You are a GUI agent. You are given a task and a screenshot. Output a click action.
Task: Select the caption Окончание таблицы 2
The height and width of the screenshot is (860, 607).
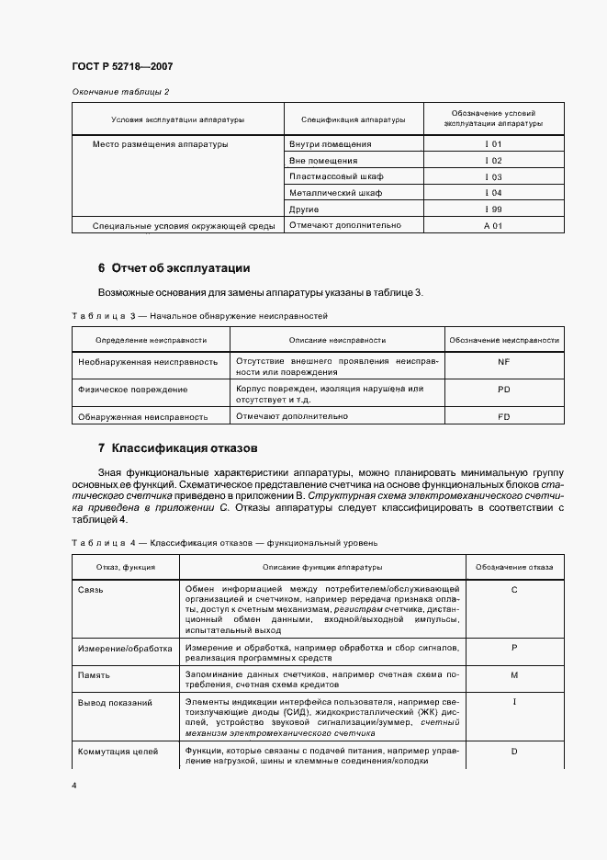coord(120,92)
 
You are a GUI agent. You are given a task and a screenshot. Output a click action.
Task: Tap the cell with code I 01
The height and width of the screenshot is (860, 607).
coord(493,144)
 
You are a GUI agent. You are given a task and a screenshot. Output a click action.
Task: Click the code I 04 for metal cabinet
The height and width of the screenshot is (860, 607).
coord(493,193)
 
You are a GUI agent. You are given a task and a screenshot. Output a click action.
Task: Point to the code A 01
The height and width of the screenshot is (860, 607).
coord(493,225)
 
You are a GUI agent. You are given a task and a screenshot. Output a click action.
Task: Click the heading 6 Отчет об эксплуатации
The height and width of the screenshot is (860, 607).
coord(174,268)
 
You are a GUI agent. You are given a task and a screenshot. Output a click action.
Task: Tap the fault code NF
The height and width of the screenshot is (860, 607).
coord(503,362)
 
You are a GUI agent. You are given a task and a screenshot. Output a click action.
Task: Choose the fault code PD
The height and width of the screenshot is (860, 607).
coord(503,390)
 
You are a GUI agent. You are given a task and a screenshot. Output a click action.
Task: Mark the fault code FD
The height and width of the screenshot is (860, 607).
coord(503,416)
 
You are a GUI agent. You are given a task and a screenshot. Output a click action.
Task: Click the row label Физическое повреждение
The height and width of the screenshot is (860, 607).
coord(134,390)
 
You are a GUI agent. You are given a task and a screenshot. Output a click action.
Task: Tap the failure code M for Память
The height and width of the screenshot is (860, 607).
coord(514,675)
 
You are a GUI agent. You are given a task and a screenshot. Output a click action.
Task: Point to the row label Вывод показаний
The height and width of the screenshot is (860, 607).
coord(116,703)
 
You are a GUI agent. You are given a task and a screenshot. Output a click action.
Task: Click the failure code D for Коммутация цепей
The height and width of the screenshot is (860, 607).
coord(514,752)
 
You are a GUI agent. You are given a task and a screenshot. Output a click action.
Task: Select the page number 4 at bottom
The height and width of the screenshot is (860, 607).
coord(73,786)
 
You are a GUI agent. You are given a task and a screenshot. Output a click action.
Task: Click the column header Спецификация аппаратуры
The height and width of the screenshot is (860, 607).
coord(353,120)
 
